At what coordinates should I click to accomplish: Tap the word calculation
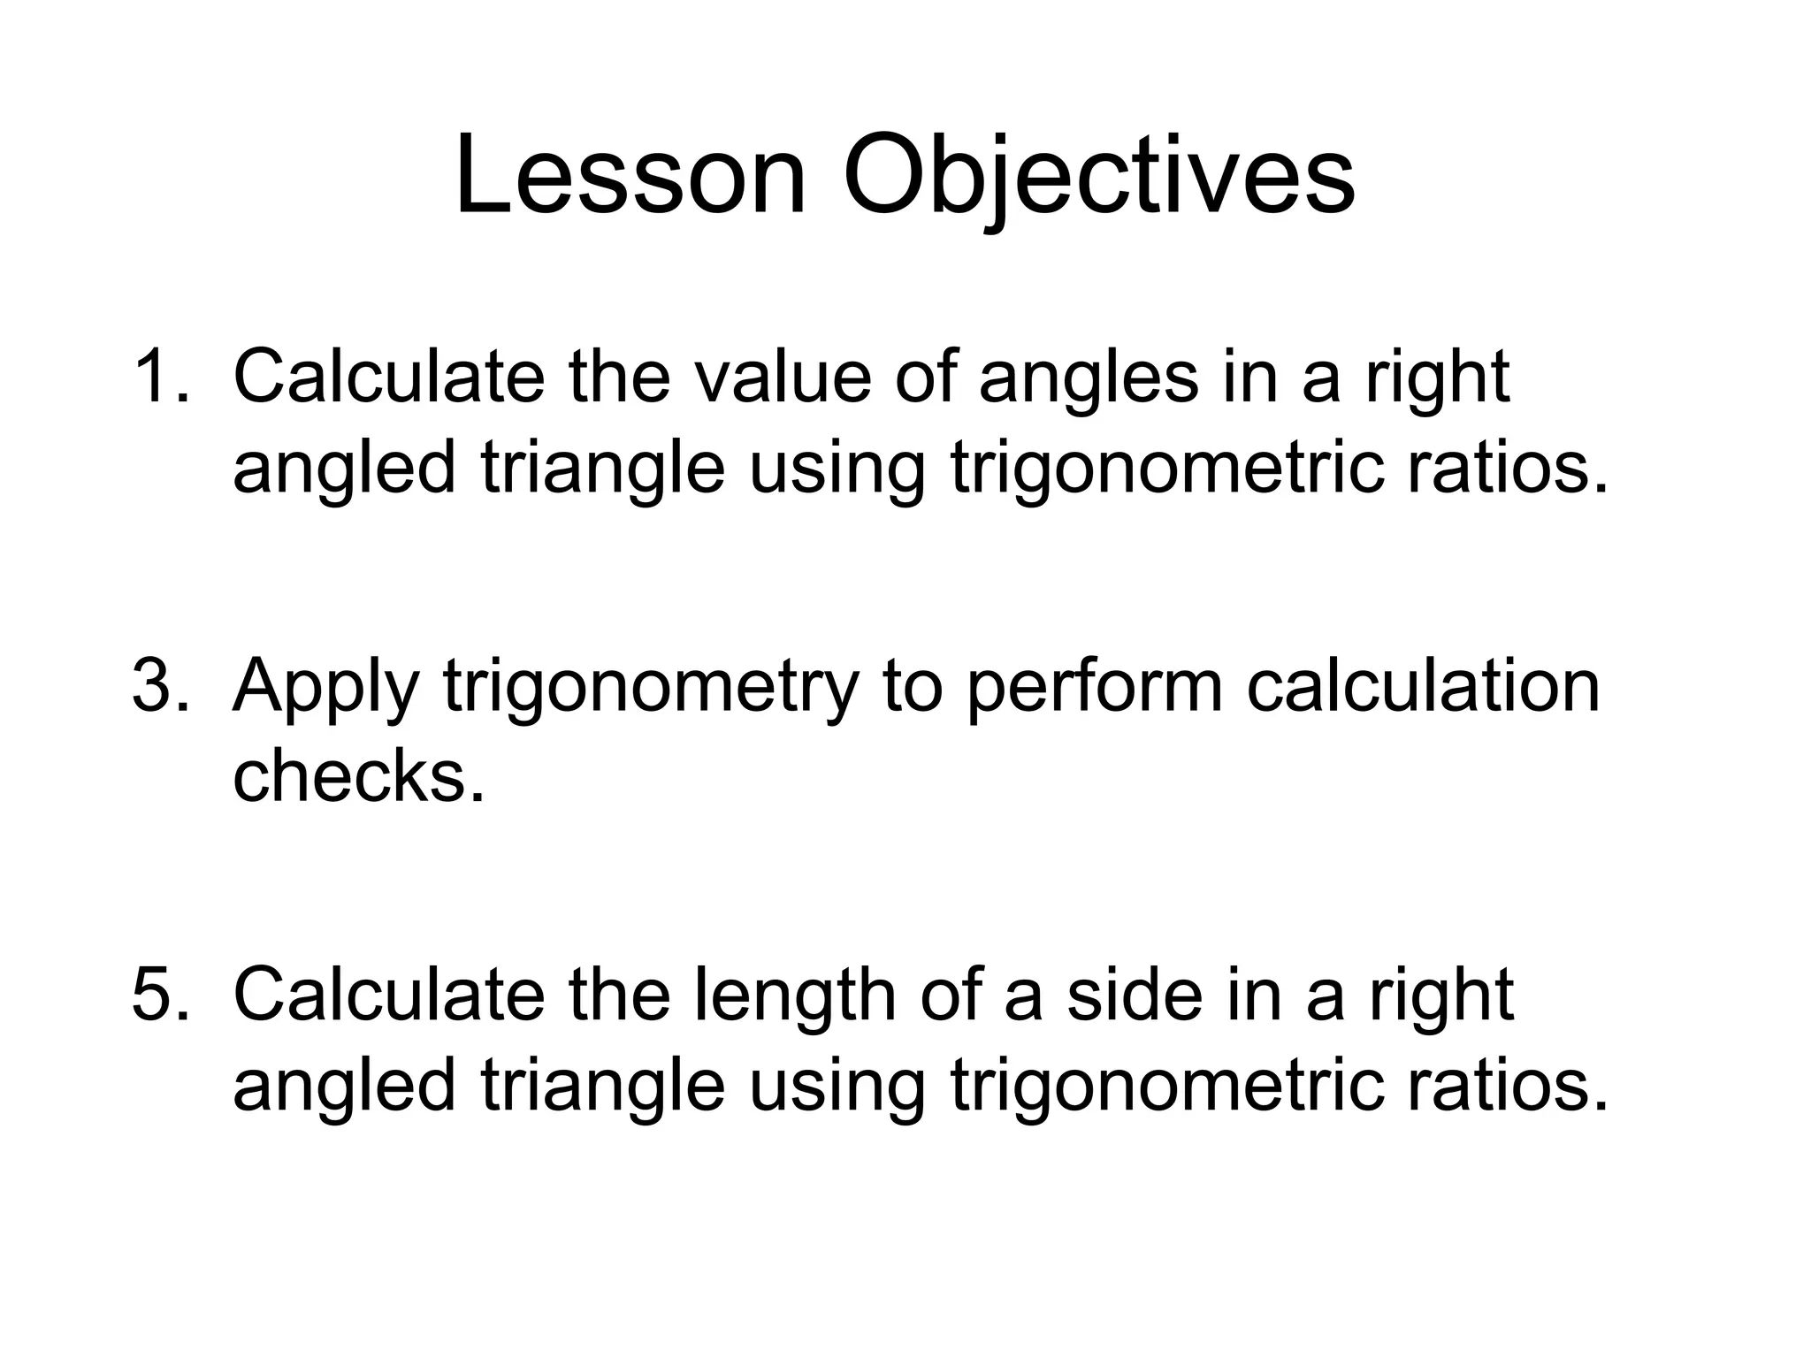[x=1423, y=685]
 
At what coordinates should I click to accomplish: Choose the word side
[x=1135, y=995]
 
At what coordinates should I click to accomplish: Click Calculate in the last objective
[x=389, y=995]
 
